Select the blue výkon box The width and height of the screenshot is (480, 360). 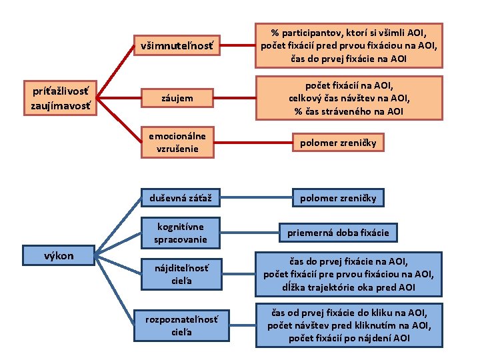pos(59,254)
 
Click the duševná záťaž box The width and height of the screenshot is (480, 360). pos(180,197)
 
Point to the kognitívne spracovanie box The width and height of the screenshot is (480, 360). pos(180,232)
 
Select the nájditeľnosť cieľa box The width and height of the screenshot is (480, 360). pos(180,273)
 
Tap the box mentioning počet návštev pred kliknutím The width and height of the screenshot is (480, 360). pos(349,325)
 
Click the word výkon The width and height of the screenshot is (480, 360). pos(59,254)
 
